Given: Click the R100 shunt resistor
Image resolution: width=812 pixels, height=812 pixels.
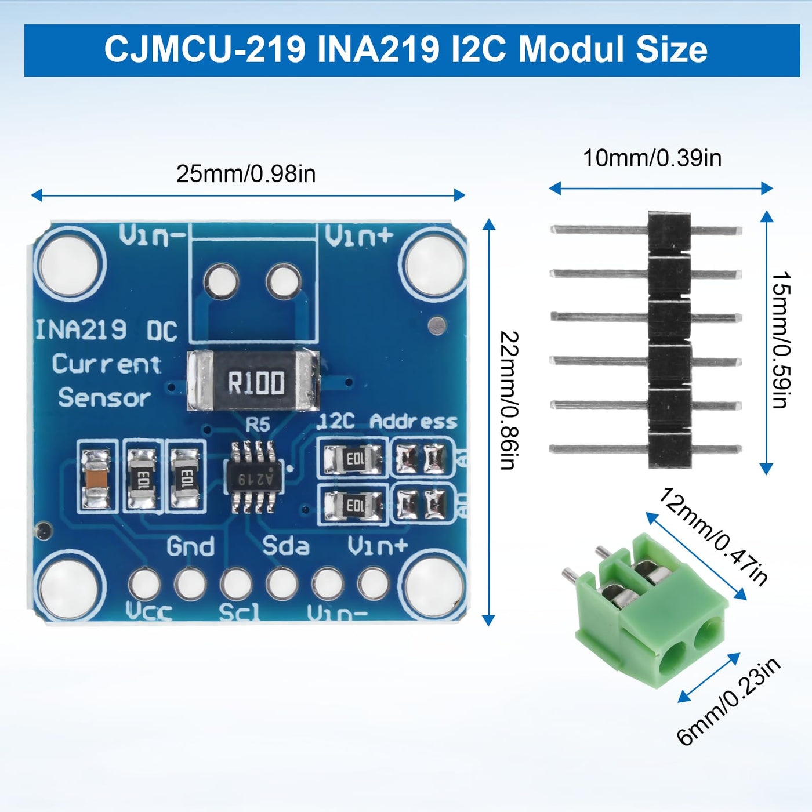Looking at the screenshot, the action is tap(253, 381).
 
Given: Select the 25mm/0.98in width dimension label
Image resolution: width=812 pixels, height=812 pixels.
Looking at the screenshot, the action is tap(246, 174).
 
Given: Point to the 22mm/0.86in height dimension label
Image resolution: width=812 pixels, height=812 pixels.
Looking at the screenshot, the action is tap(509, 400).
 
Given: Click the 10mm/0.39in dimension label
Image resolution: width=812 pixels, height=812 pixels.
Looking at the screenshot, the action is tap(652, 158).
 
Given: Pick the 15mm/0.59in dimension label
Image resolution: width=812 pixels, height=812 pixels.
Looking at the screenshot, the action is tap(781, 340).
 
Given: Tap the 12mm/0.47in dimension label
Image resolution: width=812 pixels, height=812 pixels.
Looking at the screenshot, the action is tap(712, 537).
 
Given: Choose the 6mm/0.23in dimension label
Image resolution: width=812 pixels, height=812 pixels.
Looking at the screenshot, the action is tap(728, 701).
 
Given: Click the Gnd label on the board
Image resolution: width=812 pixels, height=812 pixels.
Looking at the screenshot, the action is tap(191, 546).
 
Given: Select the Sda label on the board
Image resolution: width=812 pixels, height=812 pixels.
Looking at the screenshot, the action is tap(286, 546).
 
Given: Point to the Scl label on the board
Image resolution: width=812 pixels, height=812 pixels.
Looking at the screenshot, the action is tap(239, 612).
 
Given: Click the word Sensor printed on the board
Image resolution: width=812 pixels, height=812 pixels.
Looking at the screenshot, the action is tap(104, 398).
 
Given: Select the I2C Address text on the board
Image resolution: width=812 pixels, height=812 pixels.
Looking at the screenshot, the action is tap(387, 422).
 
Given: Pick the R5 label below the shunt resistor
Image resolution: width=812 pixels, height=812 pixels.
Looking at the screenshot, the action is tap(258, 425).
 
